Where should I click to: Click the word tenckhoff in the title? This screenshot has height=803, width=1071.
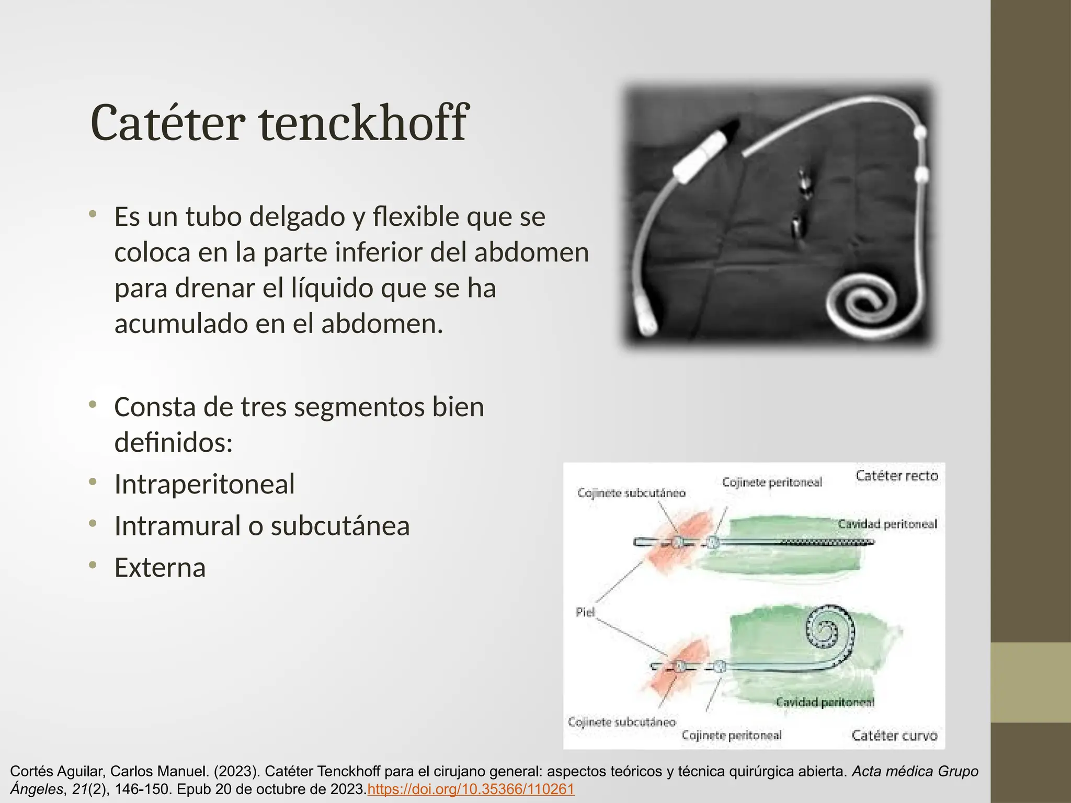pyautogui.click(x=363, y=123)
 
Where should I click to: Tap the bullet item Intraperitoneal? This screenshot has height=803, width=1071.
pyautogui.click(x=204, y=484)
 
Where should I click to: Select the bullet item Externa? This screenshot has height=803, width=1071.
pyautogui.click(x=160, y=568)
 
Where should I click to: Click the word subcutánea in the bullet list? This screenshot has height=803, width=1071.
pyautogui.click(x=340, y=526)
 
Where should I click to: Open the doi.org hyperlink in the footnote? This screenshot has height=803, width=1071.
pyautogui.click(x=471, y=789)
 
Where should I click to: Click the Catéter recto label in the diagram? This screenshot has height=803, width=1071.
pyautogui.click(x=897, y=476)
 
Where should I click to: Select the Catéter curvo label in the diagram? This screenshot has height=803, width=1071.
pyautogui.click(x=894, y=736)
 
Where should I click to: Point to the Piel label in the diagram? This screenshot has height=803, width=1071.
pyautogui.click(x=585, y=612)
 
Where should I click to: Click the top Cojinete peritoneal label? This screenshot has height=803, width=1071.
pyautogui.click(x=772, y=482)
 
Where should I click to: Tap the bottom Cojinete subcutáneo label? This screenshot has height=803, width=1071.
pyautogui.click(x=622, y=722)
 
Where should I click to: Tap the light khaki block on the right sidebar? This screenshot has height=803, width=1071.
pyautogui.click(x=1030, y=682)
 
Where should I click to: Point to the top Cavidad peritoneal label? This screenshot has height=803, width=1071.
pyautogui.click(x=887, y=524)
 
